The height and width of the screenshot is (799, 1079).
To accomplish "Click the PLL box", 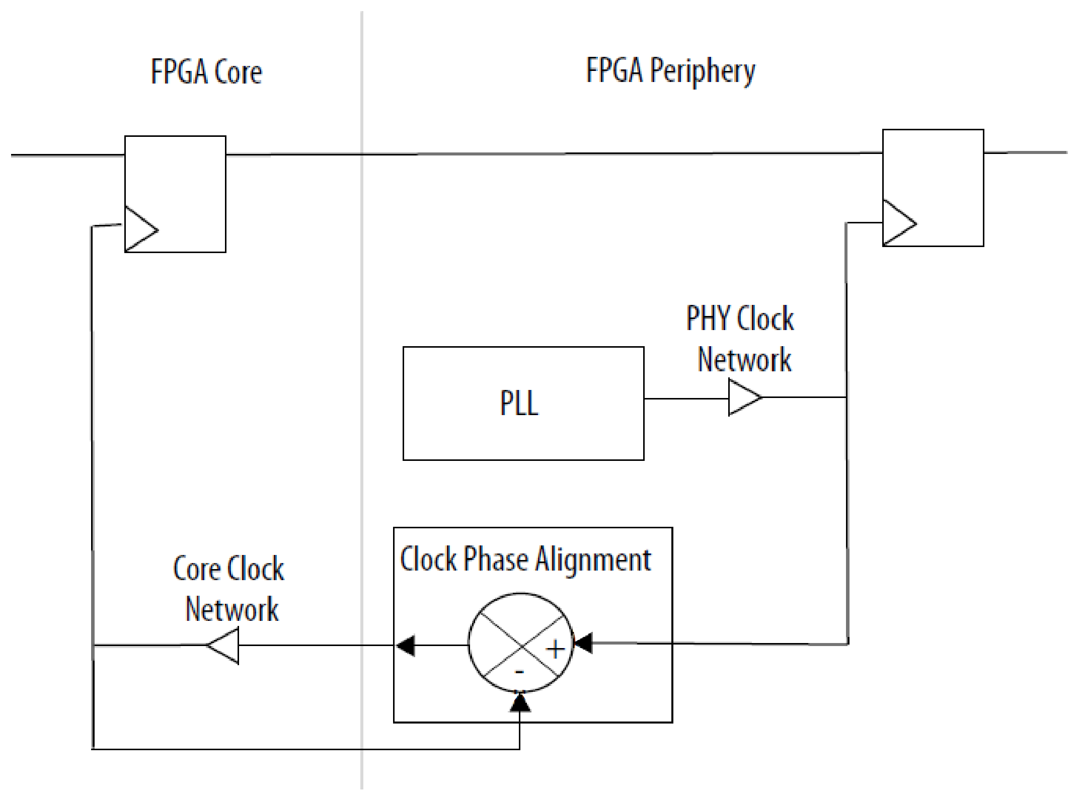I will pos(523,403).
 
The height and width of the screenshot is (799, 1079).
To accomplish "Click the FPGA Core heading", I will pos(206,72).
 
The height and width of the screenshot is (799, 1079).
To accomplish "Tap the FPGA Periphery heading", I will pos(670,71).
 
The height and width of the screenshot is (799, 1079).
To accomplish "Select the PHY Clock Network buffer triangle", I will pos(743,397).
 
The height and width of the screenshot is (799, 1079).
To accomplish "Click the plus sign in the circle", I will pos(555,649).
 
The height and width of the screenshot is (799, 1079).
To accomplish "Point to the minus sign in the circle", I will pos(519,672).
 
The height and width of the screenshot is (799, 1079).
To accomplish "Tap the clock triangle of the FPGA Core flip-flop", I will pos(139,230).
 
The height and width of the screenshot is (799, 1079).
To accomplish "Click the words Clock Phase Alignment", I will pos(525,559).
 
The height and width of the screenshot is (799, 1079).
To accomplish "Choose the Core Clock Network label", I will pos(229,589).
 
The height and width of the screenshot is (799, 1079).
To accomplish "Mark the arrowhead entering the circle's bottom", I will pos(520,702).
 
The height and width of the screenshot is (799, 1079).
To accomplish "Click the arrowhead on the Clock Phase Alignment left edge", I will pos(406,646).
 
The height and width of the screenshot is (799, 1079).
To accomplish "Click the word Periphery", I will pos(703,71).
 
